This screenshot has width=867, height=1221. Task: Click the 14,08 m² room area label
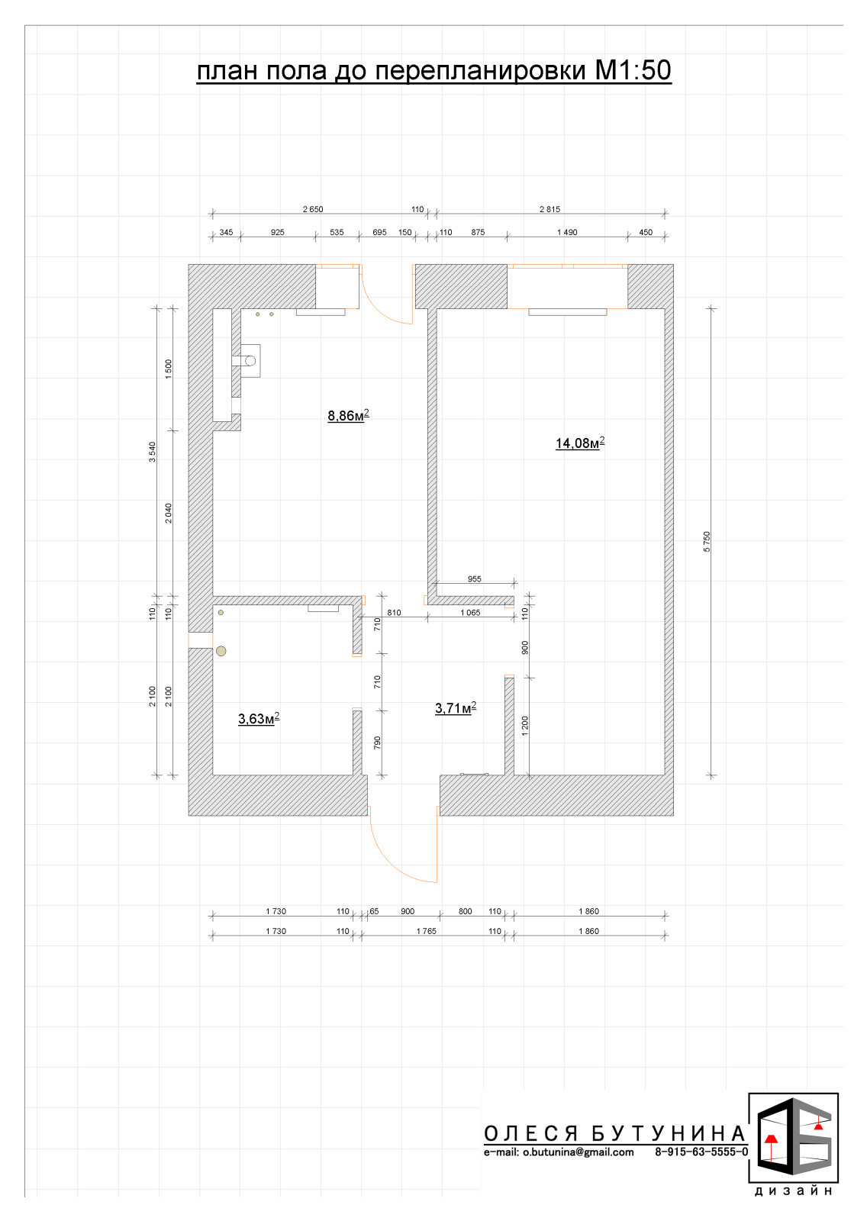(x=580, y=443)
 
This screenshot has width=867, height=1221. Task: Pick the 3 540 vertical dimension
(x=152, y=452)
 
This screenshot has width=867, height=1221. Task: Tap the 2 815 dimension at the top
(x=550, y=209)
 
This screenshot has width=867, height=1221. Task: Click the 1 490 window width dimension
(x=567, y=232)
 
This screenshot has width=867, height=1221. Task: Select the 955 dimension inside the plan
(x=475, y=579)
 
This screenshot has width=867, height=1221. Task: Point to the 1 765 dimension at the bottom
(x=427, y=931)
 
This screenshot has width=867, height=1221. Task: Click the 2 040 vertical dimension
(x=169, y=513)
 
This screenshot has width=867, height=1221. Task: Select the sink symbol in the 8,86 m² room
(x=247, y=360)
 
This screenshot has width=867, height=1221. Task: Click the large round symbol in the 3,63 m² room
(x=221, y=650)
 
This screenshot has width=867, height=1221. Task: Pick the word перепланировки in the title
(x=480, y=70)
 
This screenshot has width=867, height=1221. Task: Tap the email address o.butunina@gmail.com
(x=578, y=1152)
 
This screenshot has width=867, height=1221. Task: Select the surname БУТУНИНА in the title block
(x=669, y=1133)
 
